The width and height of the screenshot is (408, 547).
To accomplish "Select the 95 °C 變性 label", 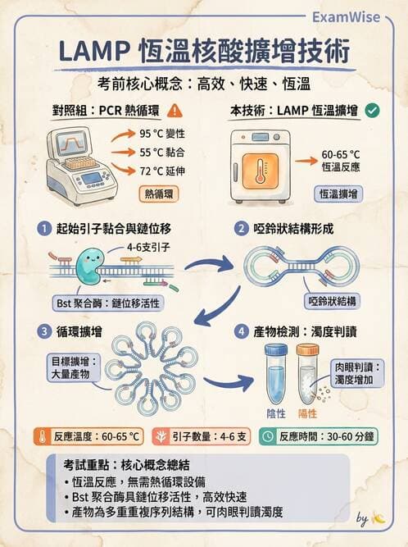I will (x=163, y=133).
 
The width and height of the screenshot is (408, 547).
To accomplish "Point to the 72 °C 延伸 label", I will (x=163, y=171).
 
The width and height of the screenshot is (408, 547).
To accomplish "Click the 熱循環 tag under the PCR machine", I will (x=161, y=194).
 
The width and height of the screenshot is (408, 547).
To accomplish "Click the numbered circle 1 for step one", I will (x=43, y=229).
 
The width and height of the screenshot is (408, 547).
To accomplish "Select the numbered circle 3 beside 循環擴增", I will (x=43, y=331).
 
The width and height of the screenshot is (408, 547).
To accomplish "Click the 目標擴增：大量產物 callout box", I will (x=72, y=366).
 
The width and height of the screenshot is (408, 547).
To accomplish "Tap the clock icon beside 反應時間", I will (x=268, y=436).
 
